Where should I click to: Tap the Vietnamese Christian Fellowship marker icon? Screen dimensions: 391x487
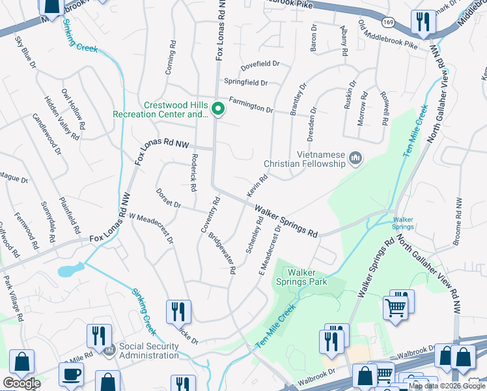coord(355,158)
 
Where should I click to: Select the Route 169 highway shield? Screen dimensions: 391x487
coord(389,22)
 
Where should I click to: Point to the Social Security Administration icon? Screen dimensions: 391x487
coord(109,351)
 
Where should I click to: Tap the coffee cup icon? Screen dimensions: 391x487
coord(71,375)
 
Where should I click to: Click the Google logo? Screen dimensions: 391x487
coord(21,383)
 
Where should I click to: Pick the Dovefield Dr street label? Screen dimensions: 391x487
coord(260,64)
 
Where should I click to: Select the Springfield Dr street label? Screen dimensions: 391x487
coord(245,83)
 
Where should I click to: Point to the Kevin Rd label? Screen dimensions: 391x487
coord(257,186)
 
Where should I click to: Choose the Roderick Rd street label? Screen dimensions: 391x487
coord(193,173)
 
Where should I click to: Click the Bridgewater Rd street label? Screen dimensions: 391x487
coord(221,253)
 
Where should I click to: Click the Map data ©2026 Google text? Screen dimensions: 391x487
coord(445,386)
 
